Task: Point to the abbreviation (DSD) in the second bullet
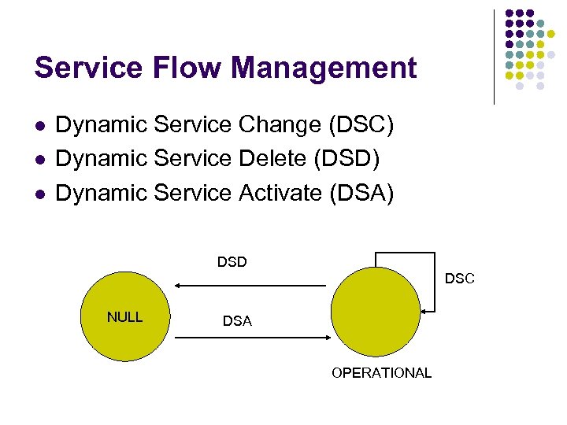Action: (x=347, y=159)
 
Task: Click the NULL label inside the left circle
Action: (x=124, y=317)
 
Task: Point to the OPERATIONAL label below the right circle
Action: (x=382, y=373)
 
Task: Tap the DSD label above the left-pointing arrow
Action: (x=232, y=262)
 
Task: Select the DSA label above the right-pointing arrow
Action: (x=237, y=321)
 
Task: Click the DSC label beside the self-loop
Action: (x=460, y=279)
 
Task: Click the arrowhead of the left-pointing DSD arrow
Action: (x=179, y=285)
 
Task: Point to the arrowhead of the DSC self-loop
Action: (x=423, y=313)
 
